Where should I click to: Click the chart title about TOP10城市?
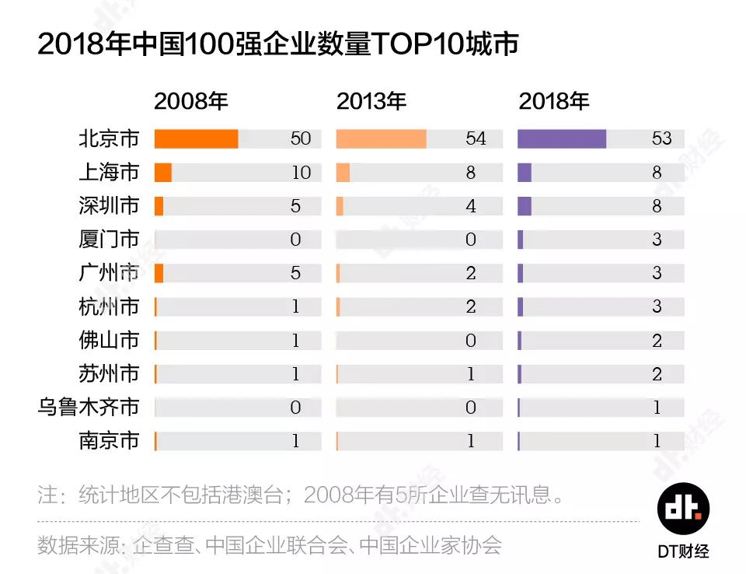click(277, 44)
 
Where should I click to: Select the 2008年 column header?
click(190, 101)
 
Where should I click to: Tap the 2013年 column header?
click(371, 101)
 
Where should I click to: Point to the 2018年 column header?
click(554, 101)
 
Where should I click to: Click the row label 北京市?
click(109, 139)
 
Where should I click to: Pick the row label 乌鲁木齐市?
click(89, 407)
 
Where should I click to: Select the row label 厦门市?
click(109, 240)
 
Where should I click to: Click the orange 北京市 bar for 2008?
click(196, 139)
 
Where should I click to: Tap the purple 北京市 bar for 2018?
click(561, 139)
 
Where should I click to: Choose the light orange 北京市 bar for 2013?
click(381, 139)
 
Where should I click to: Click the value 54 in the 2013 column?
click(476, 139)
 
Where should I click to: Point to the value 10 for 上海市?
click(301, 173)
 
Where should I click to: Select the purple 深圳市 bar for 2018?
click(525, 206)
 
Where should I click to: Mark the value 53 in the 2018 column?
click(661, 139)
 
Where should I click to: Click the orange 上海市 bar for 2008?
click(162, 173)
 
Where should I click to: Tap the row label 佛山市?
click(109, 340)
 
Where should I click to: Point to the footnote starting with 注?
click(300, 495)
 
